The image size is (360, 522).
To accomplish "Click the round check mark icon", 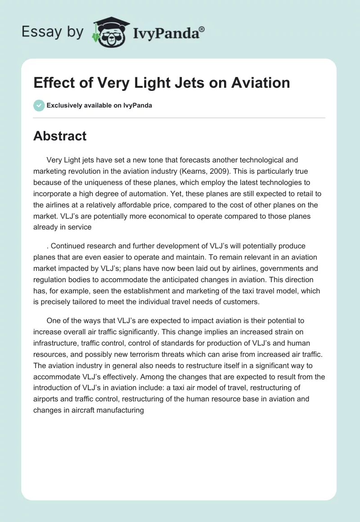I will [x=39, y=105].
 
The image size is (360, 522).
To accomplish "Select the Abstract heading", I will [x=60, y=136].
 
